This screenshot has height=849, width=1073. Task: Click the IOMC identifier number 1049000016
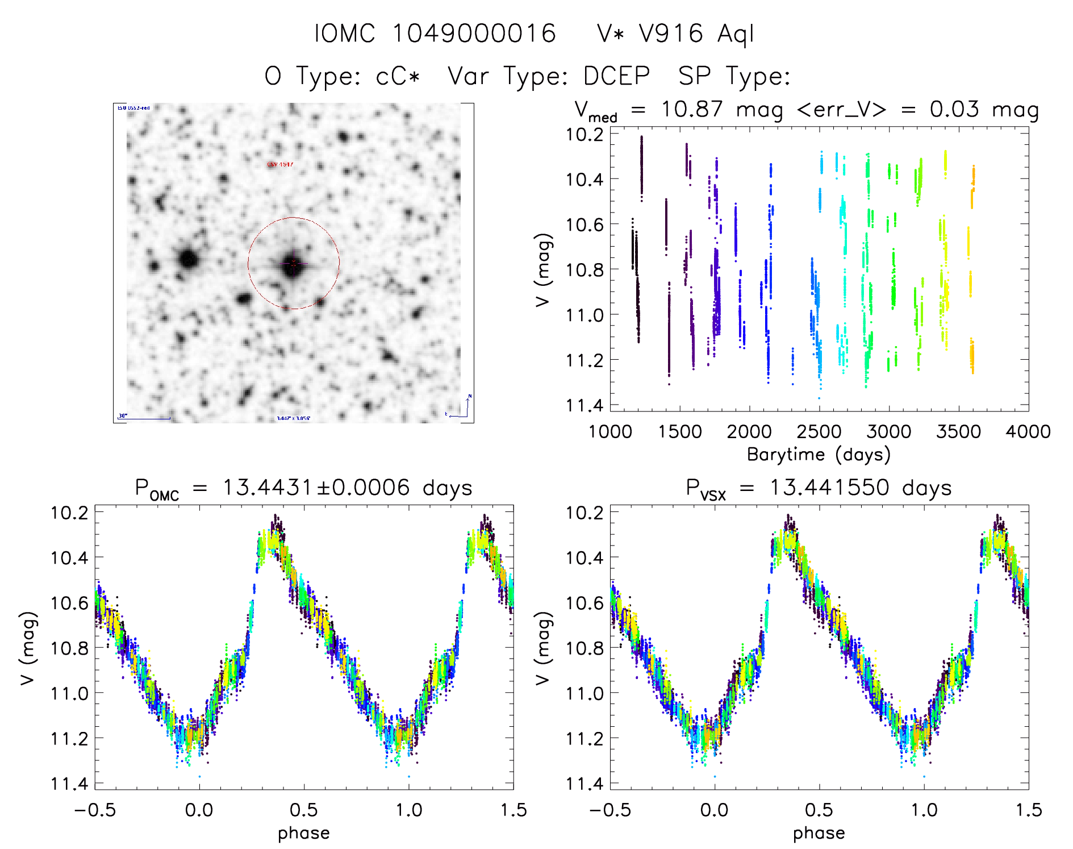tap(474, 34)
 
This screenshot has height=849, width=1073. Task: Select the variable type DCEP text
tap(616, 76)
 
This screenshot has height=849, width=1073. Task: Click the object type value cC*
tap(398, 76)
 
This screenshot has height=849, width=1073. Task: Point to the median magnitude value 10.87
tap(692, 109)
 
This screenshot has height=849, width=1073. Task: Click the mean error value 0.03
tap(954, 109)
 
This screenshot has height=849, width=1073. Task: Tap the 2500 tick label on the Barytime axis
tap(819, 432)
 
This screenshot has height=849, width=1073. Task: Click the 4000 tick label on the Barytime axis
tap(1028, 432)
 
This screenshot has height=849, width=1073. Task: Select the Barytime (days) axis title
tap(819, 455)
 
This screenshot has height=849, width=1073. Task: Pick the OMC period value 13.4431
tap(267, 488)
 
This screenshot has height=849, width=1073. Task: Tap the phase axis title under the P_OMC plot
tap(304, 833)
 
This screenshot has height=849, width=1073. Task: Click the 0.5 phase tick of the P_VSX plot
tap(819, 810)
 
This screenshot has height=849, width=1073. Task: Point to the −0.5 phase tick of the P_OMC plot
tap(95, 810)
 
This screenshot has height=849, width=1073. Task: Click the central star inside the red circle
tap(293, 264)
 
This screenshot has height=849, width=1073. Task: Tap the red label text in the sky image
tap(280, 165)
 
